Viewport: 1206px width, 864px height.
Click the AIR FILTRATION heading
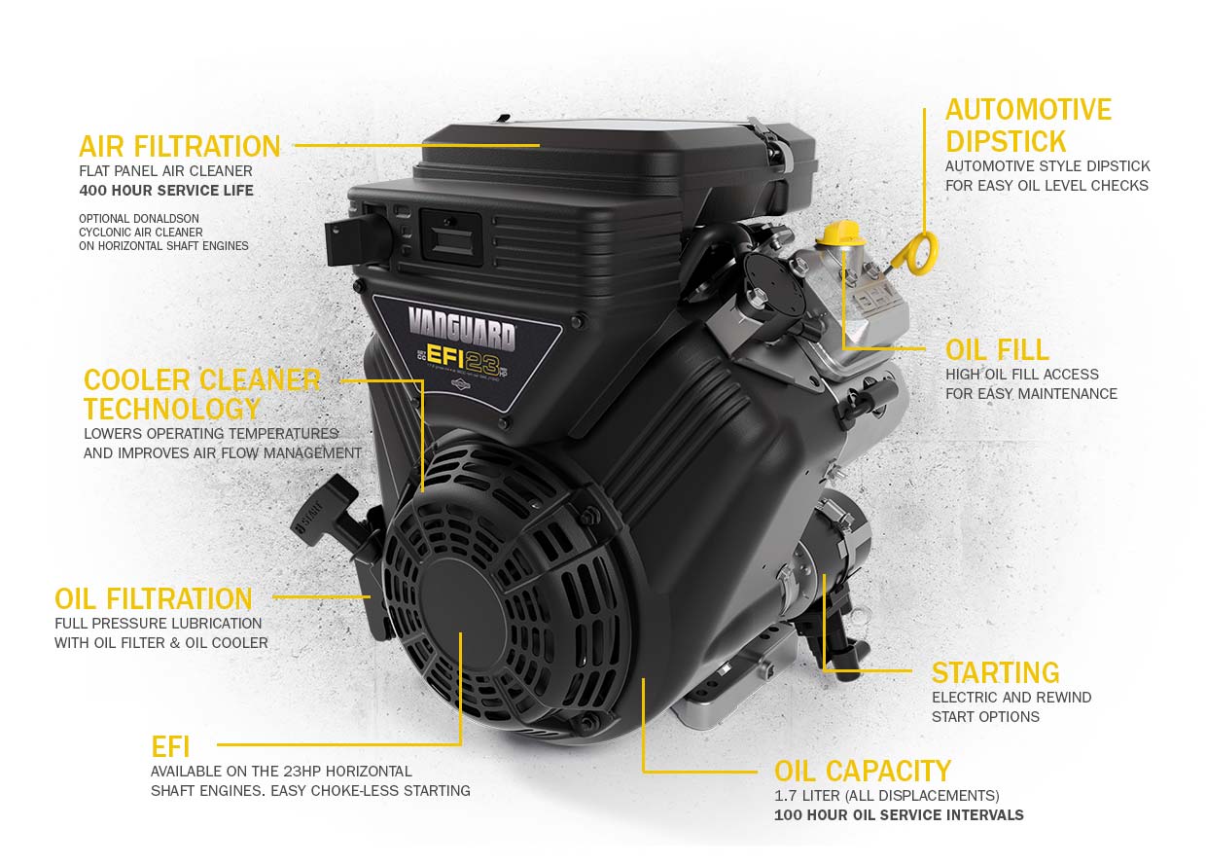pyautogui.click(x=179, y=147)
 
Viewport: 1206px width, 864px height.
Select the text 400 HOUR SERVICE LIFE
pyautogui.click(x=166, y=191)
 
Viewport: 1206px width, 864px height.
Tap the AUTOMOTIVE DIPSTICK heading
pyautogui.click(x=1028, y=125)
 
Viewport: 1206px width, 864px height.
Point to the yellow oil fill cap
pyautogui.click(x=838, y=234)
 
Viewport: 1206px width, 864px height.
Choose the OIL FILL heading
pyautogui.click(x=997, y=349)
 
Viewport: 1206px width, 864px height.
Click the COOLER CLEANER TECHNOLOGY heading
pyautogui.click(x=201, y=394)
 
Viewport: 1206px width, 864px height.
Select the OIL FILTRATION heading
pyautogui.click(x=154, y=598)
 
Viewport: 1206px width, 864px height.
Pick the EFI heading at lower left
pyautogui.click(x=170, y=747)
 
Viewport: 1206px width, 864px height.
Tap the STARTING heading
pyautogui.click(x=995, y=673)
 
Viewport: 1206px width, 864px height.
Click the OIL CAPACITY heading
pyautogui.click(x=862, y=772)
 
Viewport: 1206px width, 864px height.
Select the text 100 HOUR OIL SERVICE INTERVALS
pyautogui.click(x=899, y=815)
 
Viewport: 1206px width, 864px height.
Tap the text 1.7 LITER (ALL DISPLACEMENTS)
pyautogui.click(x=886, y=796)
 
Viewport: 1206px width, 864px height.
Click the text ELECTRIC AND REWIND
pyautogui.click(x=1011, y=698)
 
